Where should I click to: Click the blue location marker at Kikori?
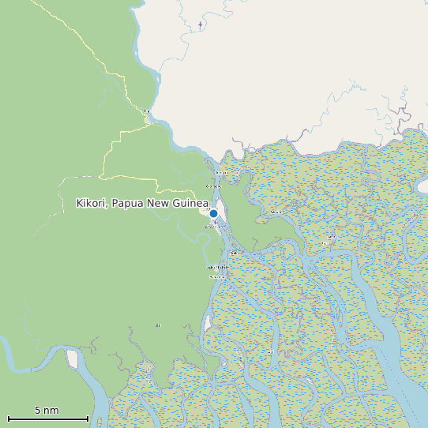(x=213, y=213)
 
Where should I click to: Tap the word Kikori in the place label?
(x=92, y=204)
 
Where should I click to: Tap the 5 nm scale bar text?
(x=47, y=411)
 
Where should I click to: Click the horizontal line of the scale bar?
(x=47, y=419)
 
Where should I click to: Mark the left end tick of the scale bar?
(x=8, y=418)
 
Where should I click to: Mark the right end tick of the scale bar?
(x=88, y=418)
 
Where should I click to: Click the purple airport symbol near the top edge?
(x=201, y=24)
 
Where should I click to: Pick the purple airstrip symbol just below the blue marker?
(x=216, y=223)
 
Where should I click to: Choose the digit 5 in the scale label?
(x=37, y=411)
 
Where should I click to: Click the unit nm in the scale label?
(x=51, y=411)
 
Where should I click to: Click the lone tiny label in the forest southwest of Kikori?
(x=158, y=325)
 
